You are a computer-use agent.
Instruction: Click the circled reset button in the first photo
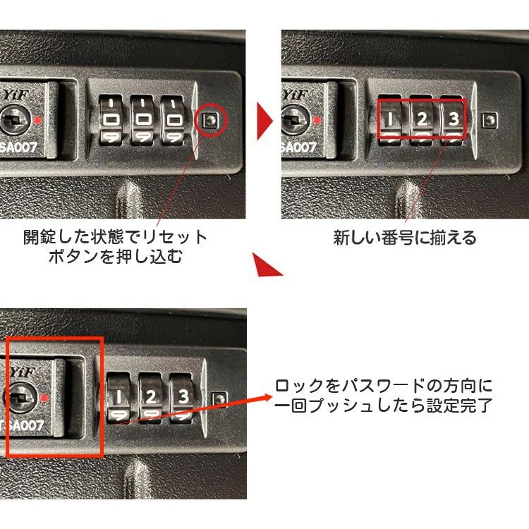[210, 120]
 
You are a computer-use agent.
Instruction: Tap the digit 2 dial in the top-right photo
[422, 119]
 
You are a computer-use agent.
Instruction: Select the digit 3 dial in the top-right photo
[453, 119]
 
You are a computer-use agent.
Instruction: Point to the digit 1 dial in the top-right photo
[390, 119]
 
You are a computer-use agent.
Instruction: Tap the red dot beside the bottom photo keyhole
[44, 398]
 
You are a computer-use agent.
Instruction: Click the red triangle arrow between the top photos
[264, 121]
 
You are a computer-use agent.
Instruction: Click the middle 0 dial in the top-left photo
[142, 120]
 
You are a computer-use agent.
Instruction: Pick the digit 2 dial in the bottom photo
[150, 397]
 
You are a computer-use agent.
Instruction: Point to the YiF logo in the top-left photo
[17, 95]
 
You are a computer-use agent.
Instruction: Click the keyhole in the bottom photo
[21, 398]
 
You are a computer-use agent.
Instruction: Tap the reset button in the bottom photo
[219, 399]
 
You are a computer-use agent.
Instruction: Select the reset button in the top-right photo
[490, 120]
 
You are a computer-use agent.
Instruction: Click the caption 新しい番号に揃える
[405, 238]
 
